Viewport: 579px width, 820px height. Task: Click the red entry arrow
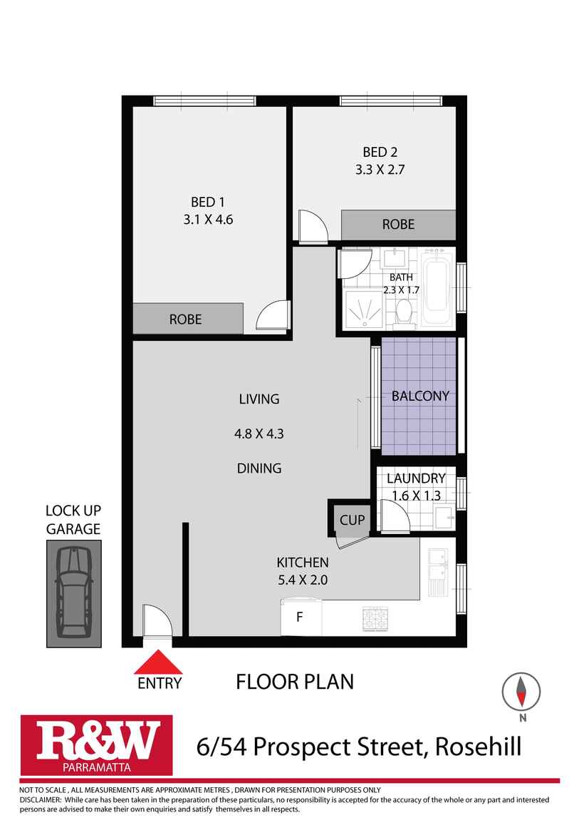[159, 661]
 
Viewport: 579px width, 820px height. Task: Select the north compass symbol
[521, 692]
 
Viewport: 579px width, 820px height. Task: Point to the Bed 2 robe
[398, 225]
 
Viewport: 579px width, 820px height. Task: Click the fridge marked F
[300, 617]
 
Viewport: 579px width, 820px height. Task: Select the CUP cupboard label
[352, 520]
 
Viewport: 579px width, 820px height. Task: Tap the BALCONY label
[420, 396]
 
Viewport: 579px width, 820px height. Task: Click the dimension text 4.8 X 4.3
[259, 434]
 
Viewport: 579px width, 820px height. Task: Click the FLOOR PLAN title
[294, 682]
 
